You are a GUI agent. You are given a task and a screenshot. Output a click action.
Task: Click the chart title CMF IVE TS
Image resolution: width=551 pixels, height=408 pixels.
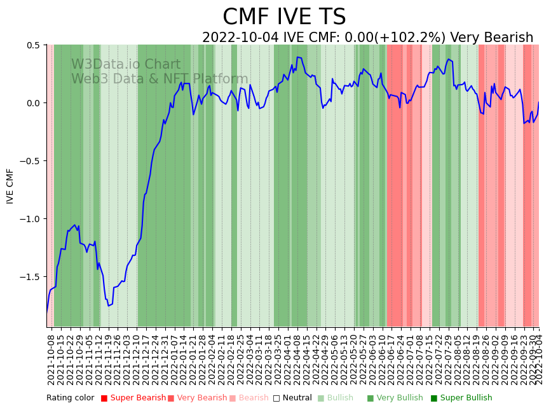coord(284,17)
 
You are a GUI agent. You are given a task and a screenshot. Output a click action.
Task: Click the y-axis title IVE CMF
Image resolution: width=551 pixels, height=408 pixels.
coord(10,186)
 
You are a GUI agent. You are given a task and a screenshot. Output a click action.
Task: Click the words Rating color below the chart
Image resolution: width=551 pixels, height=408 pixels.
coord(70,398)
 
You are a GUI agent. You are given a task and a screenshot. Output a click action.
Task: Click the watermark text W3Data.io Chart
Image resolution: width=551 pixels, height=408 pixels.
coord(126,65)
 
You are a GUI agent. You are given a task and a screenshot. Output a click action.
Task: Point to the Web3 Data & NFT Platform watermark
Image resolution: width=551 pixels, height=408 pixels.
coord(160,79)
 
